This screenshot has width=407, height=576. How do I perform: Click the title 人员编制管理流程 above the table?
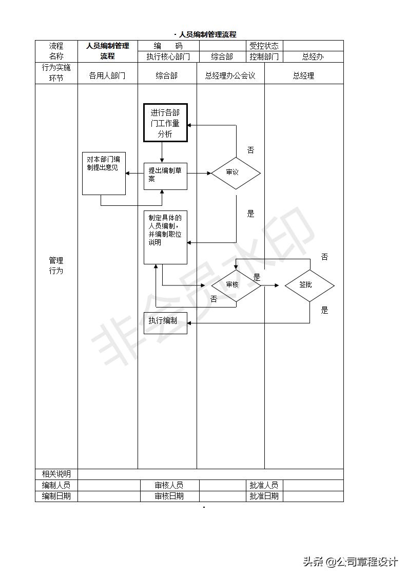[207, 34]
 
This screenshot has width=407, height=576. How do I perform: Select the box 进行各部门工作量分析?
[165, 123]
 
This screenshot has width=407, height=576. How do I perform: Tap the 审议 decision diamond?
[236, 172]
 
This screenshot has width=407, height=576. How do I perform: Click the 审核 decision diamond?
[236, 284]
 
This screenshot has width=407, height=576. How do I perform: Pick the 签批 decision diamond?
[309, 284]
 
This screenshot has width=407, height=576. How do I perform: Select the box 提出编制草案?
[165, 176]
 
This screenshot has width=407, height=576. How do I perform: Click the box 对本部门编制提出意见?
[104, 174]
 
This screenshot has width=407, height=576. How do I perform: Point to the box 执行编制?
[165, 322]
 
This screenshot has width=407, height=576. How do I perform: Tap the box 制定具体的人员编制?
[165, 237]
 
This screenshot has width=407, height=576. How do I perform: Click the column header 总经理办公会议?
[230, 75]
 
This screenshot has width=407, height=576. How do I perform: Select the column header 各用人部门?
[107, 75]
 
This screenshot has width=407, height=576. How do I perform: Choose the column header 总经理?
[303, 75]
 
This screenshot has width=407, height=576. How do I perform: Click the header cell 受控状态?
[264, 46]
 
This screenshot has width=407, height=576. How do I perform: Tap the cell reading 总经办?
[313, 56]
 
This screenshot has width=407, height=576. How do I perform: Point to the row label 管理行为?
[56, 265]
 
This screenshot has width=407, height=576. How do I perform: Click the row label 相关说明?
[56, 474]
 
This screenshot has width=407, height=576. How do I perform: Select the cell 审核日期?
[169, 496]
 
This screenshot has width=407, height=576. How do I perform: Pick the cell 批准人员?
[264, 485]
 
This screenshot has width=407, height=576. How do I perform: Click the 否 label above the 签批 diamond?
[324, 257]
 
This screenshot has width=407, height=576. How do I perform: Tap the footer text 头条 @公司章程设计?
[351, 562]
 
